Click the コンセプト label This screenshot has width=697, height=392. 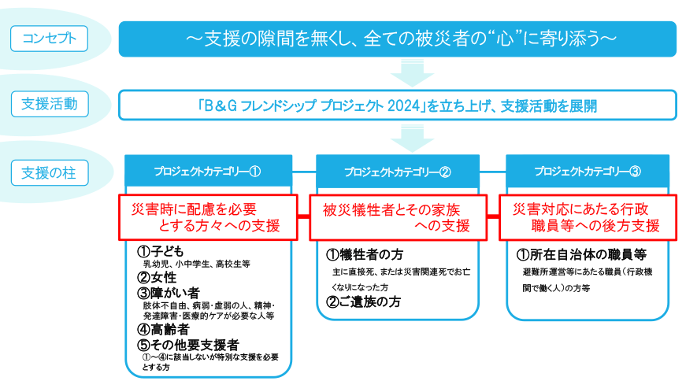(49, 38)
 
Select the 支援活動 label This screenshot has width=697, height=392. (49, 103)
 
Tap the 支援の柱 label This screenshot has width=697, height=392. (49, 172)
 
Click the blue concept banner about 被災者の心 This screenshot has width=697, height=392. (398, 39)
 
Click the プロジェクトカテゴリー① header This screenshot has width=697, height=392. (208, 171)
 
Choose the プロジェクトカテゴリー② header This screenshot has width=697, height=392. (398, 172)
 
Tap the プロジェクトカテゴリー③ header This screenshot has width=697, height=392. (588, 171)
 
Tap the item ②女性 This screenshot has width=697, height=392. (157, 277)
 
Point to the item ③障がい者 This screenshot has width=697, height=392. (169, 293)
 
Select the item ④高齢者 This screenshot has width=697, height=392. (163, 329)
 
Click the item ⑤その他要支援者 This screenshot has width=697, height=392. (188, 344)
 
